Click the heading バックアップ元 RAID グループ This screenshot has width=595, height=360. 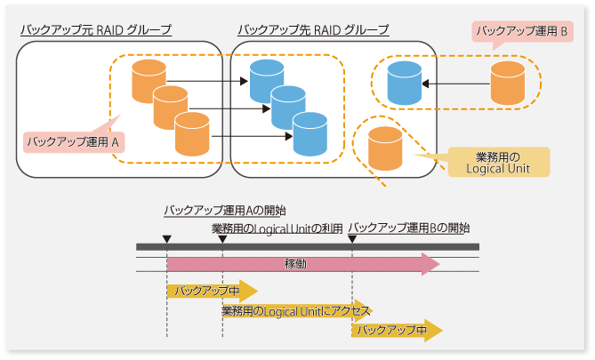(95, 30)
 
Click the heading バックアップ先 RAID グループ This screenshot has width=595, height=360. (313, 30)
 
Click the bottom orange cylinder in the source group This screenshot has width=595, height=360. (191, 134)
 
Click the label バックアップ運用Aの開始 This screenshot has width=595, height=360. (224, 211)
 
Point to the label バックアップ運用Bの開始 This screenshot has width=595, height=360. (408, 228)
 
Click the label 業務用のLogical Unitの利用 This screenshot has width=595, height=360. (277, 228)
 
